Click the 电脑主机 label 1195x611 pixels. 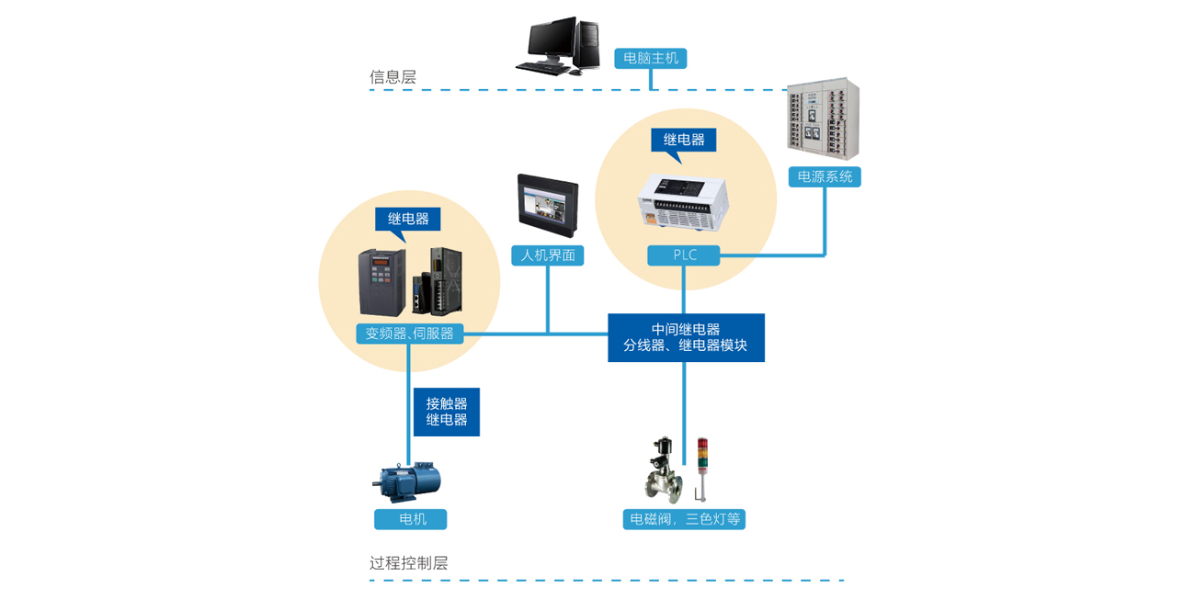(651, 58)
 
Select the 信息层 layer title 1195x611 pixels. (393, 77)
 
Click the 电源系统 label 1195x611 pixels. (825, 176)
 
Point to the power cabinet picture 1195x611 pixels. (824, 119)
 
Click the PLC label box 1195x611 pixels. (683, 255)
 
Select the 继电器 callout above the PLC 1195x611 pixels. (684, 140)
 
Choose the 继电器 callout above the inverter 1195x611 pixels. (408, 219)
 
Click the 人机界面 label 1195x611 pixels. (548, 255)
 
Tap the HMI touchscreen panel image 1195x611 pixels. (548, 206)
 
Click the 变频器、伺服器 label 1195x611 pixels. (410, 334)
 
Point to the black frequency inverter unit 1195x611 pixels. (381, 282)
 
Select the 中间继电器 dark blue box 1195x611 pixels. (686, 337)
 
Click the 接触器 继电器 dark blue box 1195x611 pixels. (447, 412)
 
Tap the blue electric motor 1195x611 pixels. (407, 481)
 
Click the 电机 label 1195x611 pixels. (411, 519)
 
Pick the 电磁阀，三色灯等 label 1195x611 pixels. (684, 519)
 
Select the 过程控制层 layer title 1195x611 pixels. (409, 563)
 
